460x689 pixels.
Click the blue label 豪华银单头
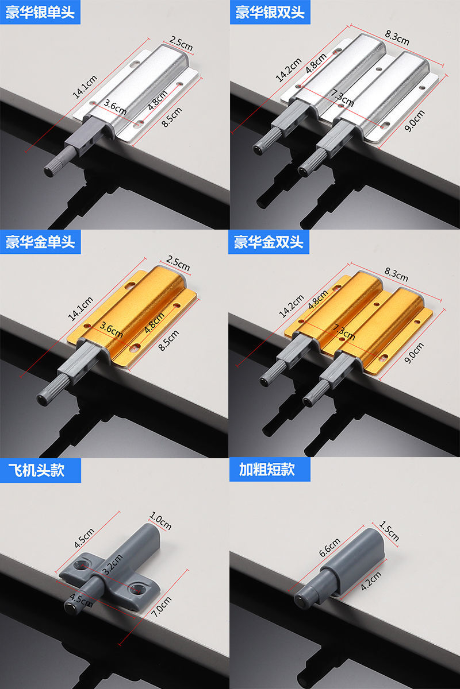(x=40, y=12)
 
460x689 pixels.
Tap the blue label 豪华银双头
(x=270, y=12)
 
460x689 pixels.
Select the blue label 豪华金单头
(x=40, y=242)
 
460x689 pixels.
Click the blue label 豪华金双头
(x=269, y=242)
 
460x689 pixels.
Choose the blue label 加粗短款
(x=266, y=470)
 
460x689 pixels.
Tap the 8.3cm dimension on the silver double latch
(x=397, y=39)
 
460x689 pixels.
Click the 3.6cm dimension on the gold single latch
(x=111, y=331)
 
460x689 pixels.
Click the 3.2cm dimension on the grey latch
(x=113, y=560)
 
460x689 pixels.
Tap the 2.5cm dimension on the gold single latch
(x=178, y=265)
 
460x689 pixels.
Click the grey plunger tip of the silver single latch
(x=48, y=171)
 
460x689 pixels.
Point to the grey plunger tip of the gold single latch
(x=42, y=398)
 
